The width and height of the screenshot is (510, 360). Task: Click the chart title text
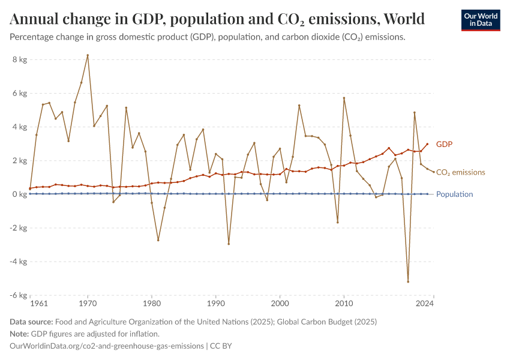[x=217, y=19]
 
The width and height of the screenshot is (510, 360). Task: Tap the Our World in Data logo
[x=480, y=20]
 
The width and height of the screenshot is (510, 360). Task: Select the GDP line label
[x=444, y=145]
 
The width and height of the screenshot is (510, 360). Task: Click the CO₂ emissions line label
[x=460, y=173]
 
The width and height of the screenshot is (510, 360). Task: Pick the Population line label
[x=454, y=194]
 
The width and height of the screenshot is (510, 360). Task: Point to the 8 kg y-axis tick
[x=19, y=59]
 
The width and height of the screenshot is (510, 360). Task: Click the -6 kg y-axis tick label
[x=18, y=295]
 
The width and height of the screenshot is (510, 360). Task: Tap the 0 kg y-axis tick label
[x=19, y=194]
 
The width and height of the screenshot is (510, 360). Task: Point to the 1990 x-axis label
[x=215, y=304]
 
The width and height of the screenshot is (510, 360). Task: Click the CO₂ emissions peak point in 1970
[x=88, y=55]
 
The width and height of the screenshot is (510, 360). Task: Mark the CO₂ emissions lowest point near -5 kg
[x=408, y=281]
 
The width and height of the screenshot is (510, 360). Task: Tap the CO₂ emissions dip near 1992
[x=229, y=244]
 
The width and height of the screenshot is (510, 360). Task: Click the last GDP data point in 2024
[x=427, y=144]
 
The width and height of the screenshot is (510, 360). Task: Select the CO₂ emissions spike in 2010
[x=344, y=98]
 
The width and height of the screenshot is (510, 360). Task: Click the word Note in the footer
[x=19, y=334]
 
